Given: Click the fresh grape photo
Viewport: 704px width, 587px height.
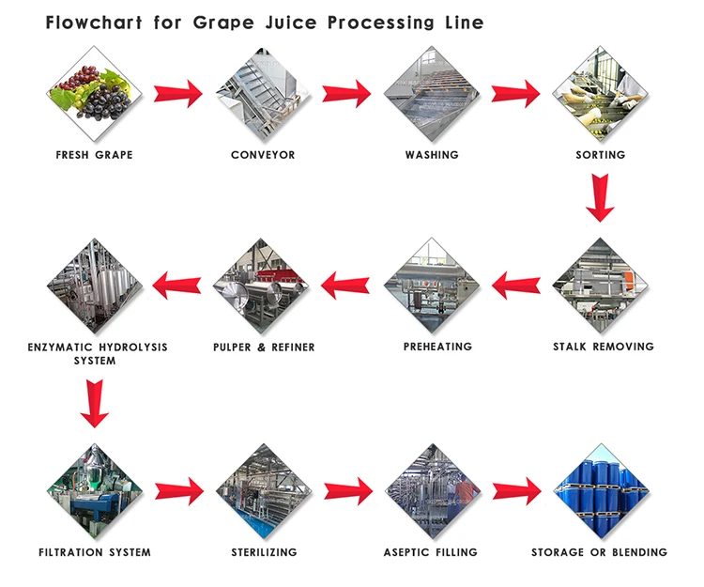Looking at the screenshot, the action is click(x=94, y=92).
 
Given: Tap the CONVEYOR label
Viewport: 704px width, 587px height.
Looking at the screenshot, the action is click(x=263, y=155).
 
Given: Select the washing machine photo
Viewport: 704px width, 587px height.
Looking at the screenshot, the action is click(x=432, y=92).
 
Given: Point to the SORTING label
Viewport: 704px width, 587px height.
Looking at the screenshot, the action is click(x=600, y=155).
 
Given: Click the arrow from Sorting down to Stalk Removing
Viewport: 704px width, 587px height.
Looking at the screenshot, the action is click(x=600, y=198).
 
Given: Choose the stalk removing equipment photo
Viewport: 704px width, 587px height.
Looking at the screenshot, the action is click(x=600, y=285).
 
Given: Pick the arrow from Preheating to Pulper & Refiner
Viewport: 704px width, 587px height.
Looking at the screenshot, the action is click(x=347, y=284).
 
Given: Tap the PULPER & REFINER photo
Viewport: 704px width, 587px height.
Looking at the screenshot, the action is click(x=263, y=285).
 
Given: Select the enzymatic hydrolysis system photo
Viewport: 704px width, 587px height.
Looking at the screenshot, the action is click(x=94, y=285).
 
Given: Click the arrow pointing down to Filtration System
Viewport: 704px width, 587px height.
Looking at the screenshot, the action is click(x=94, y=402).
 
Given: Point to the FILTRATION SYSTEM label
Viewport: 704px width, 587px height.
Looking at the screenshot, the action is click(x=94, y=552).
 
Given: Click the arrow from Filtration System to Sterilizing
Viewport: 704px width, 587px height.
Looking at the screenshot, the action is click(x=178, y=489).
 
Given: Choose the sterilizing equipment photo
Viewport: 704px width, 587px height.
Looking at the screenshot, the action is click(x=263, y=489).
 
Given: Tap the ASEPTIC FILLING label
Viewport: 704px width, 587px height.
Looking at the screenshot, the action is click(x=431, y=552).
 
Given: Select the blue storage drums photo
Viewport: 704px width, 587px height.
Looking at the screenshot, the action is click(x=600, y=489).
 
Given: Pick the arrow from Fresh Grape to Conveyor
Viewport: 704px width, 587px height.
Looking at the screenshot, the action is click(x=178, y=93).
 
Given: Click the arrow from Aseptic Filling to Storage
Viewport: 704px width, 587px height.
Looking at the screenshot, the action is click(x=516, y=489).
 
